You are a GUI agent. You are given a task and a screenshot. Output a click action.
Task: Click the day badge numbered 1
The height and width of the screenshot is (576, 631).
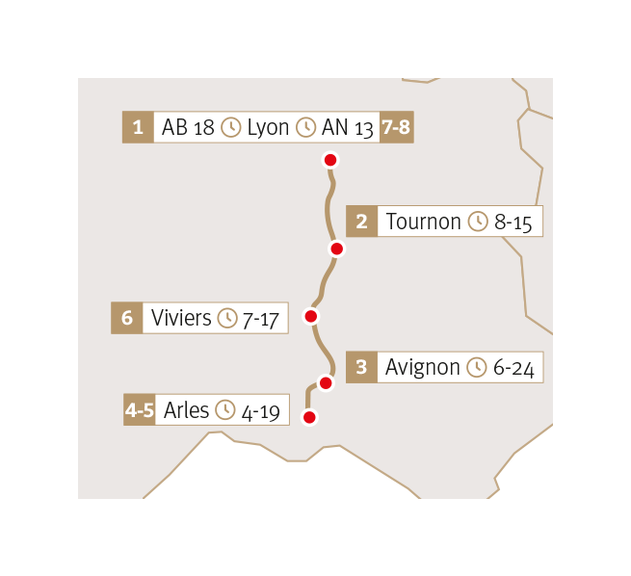tap(138, 127)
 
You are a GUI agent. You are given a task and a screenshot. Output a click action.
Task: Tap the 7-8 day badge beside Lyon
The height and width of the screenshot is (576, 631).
tap(396, 127)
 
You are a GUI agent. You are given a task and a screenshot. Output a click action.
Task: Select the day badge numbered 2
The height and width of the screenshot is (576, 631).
tap(361, 222)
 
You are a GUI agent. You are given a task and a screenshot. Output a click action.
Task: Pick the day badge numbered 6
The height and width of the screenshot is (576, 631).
tap(126, 318)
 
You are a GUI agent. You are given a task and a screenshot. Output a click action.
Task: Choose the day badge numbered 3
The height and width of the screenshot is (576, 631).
tap(361, 367)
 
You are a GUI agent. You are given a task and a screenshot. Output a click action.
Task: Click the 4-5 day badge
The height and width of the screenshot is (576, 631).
tap(140, 410)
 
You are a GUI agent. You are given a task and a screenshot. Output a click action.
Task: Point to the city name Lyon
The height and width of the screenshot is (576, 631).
tap(268, 127)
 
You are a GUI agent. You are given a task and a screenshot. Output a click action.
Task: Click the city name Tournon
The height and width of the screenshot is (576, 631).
tap(423, 222)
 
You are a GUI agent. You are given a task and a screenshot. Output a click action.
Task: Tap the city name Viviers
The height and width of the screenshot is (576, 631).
tap(181, 318)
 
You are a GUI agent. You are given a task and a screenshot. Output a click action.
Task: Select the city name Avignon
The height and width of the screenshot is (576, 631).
tap(422, 367)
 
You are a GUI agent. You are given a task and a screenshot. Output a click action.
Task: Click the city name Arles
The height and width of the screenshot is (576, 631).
tap(186, 410)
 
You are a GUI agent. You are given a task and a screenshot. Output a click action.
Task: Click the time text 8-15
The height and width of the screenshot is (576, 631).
tap(513, 222)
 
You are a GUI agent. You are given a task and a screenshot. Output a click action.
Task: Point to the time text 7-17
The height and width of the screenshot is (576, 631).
tap(261, 318)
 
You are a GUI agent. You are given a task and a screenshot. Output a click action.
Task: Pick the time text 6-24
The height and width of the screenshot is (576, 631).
tap(513, 367)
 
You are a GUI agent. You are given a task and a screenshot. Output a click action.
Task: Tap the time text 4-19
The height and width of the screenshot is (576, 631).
tap(260, 411)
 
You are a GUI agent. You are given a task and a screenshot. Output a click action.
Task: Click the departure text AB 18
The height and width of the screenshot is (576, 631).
tap(188, 127)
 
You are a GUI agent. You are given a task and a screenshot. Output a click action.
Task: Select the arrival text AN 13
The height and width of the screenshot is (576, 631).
tap(348, 127)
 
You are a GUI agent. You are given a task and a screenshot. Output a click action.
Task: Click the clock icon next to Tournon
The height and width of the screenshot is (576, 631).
tap(478, 222)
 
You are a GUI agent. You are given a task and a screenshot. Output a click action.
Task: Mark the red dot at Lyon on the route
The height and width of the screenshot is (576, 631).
tap(330, 160)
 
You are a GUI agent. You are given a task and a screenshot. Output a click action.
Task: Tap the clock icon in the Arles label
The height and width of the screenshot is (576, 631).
tap(225, 410)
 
